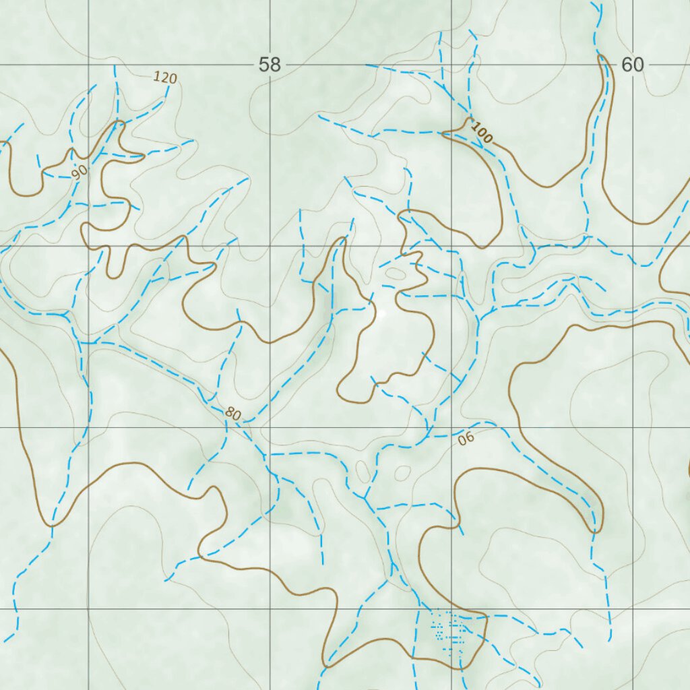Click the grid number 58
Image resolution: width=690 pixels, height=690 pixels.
(x=270, y=65)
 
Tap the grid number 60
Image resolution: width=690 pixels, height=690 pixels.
(x=633, y=65)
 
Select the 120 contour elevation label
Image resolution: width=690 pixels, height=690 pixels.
(x=164, y=77)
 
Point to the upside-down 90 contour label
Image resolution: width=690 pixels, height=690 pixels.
(x=466, y=439)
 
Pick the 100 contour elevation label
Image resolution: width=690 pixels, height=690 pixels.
(x=482, y=133)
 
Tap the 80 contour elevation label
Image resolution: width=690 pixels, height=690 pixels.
(x=232, y=414)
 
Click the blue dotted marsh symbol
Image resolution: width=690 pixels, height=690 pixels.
(x=448, y=633)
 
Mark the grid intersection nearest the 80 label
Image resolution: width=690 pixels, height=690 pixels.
(x=270, y=427)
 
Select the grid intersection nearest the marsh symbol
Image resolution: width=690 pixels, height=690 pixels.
(x=451, y=608)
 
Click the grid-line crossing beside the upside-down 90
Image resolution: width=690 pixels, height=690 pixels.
(x=451, y=427)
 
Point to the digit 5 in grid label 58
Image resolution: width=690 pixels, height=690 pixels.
(x=264, y=65)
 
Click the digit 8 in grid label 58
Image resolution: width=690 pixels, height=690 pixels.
(x=275, y=65)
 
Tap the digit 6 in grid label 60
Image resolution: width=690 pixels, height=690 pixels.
(x=627, y=65)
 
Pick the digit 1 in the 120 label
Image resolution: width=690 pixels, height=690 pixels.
(x=156, y=75)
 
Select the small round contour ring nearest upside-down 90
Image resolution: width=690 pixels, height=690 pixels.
(x=402, y=473)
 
